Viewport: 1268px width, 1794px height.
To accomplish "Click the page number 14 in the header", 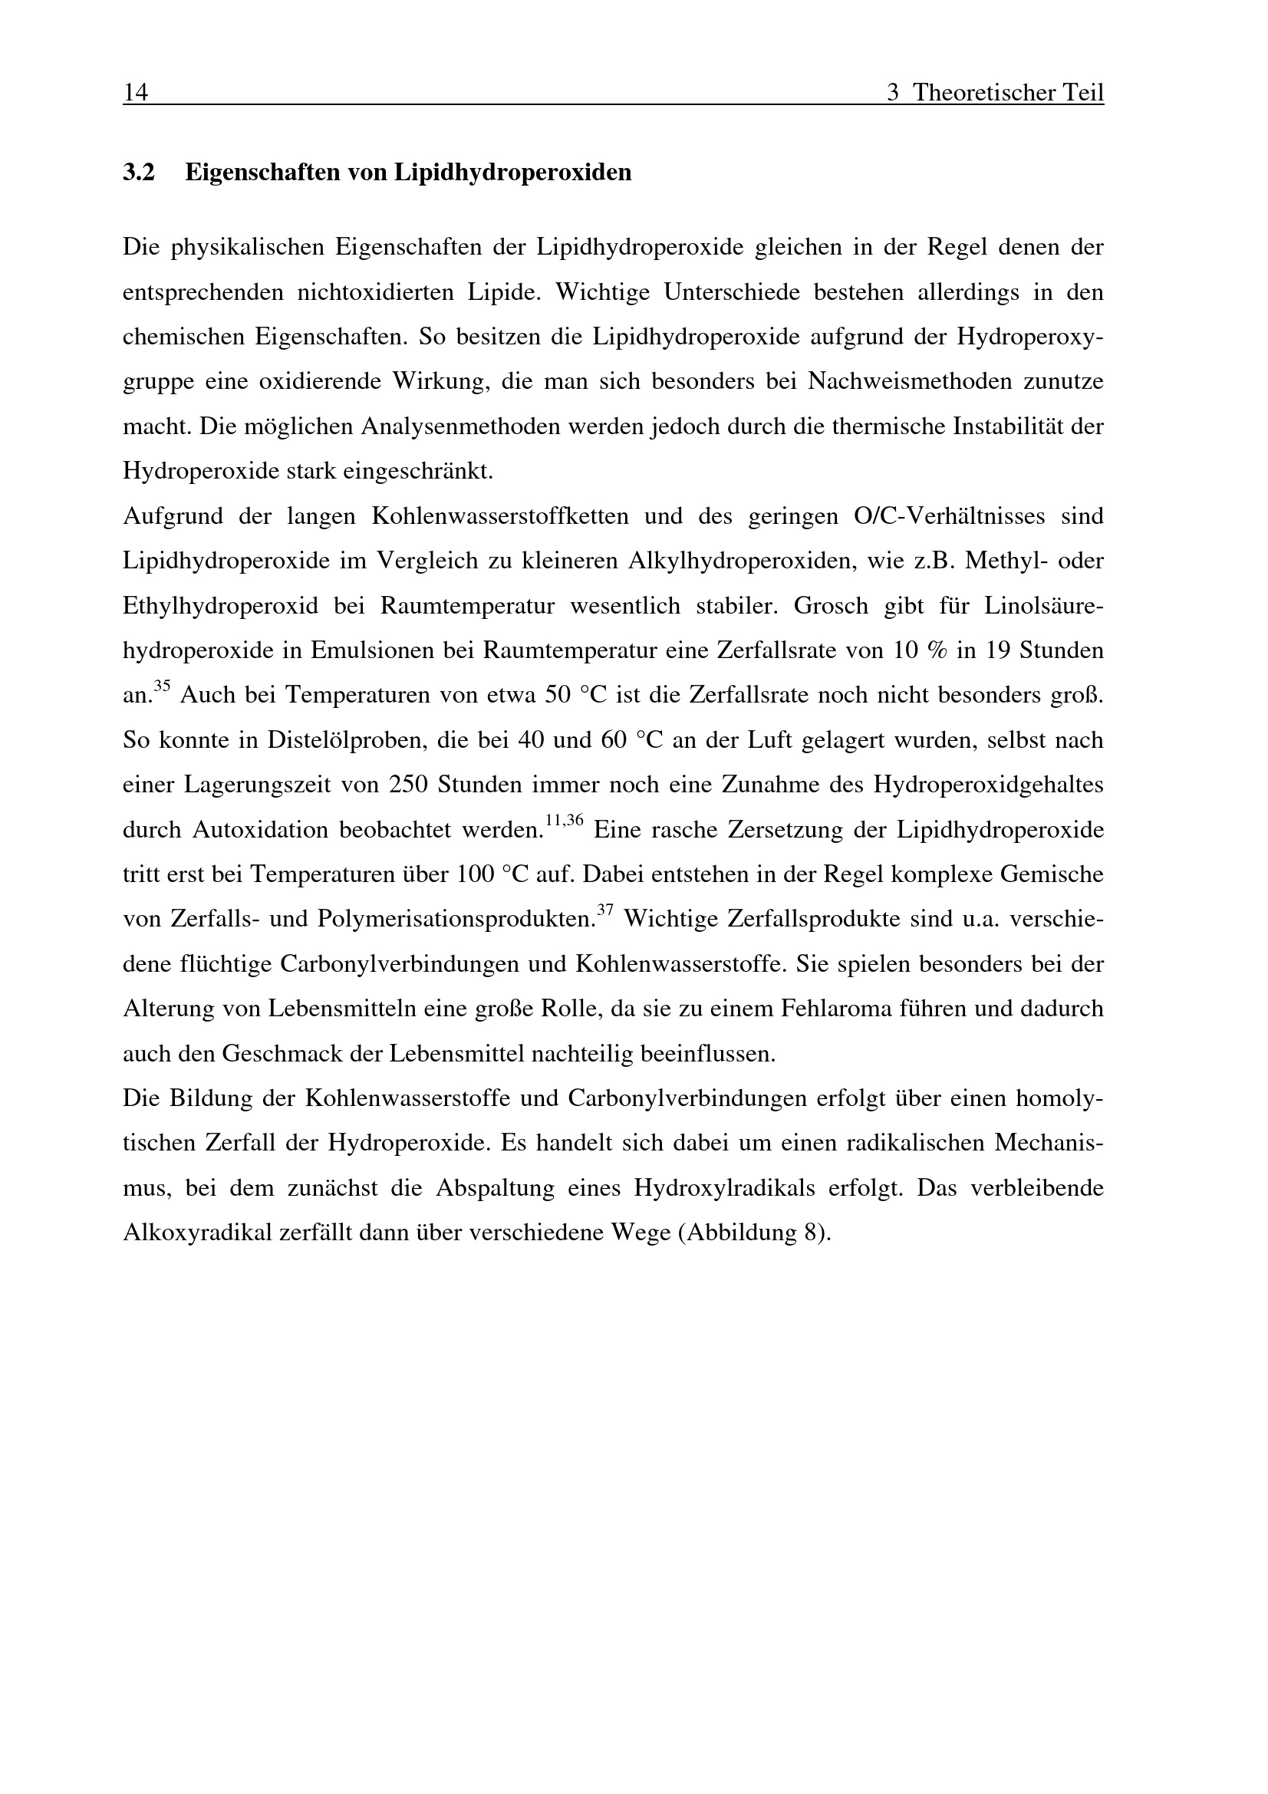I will pyautogui.click(x=135, y=93).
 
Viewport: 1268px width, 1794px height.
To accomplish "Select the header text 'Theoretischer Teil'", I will pyautogui.click(x=1009, y=93).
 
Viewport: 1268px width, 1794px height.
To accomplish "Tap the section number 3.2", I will pyautogui.click(x=139, y=172).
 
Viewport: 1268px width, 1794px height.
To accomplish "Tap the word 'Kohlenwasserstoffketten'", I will pyautogui.click(x=500, y=516).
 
